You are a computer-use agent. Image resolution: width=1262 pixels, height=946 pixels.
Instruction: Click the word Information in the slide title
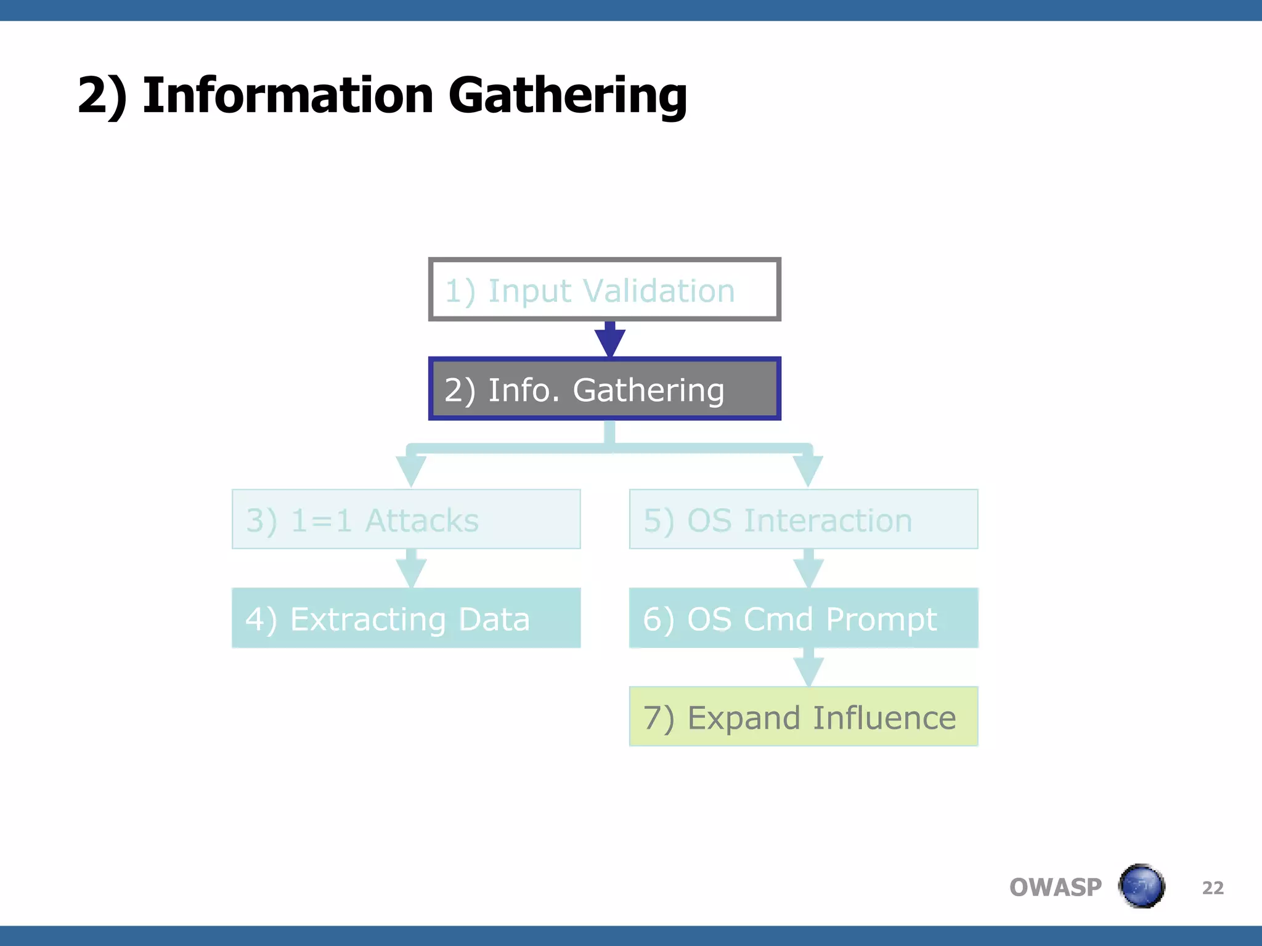287,95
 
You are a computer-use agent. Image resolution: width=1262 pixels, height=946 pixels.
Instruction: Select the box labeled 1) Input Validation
604,289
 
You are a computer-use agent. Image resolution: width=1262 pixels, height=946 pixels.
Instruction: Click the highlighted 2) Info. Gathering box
604,389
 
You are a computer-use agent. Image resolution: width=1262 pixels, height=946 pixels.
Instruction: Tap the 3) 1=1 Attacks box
405,519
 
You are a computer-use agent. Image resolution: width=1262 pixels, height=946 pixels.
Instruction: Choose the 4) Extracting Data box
405,618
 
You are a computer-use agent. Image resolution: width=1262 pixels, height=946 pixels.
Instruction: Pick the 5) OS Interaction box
803,519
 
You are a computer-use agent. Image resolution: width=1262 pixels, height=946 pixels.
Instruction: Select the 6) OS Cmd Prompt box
803,618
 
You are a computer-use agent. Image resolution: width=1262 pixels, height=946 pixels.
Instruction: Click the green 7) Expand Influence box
803,716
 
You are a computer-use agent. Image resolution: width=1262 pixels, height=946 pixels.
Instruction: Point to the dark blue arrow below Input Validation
610,340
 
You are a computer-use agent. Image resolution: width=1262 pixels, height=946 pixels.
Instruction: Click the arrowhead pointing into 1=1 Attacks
411,471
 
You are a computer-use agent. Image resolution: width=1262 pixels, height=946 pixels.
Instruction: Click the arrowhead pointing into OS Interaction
808,471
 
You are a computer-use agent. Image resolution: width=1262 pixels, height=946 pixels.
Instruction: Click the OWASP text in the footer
1055,887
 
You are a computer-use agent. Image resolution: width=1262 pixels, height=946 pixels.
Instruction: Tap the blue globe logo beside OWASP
1141,886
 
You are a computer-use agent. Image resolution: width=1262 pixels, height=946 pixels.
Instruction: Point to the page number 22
1213,887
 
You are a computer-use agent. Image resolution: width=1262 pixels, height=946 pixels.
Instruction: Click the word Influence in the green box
884,718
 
